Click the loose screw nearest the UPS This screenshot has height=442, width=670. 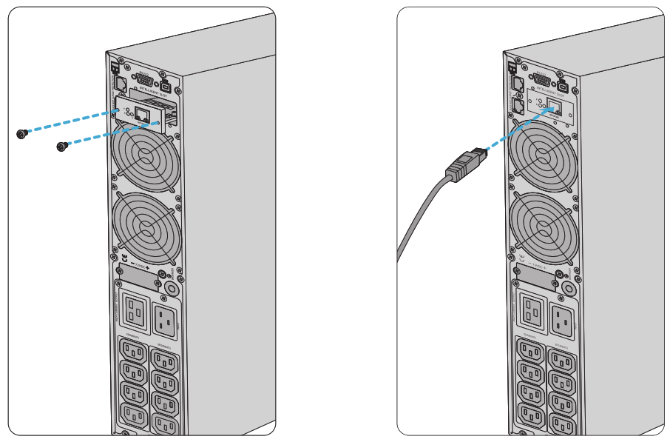[62, 147]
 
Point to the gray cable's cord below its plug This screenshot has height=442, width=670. [418, 215]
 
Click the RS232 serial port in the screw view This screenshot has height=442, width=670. [143, 77]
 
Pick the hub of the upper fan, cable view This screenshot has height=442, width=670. [541, 158]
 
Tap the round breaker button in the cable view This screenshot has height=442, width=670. [569, 287]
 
